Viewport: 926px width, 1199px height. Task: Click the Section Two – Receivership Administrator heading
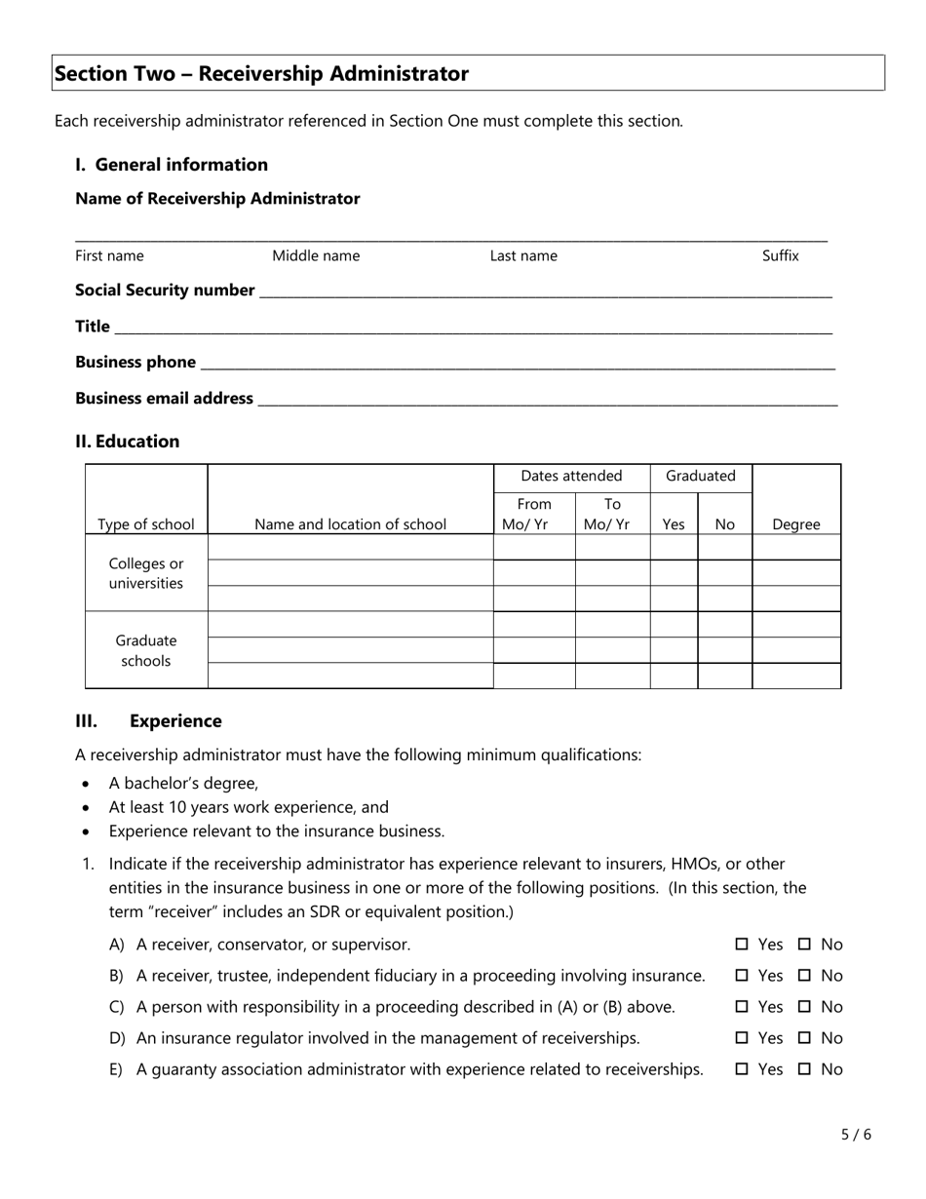261,74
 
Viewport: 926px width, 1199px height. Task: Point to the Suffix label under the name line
780,255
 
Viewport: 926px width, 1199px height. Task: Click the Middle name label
316,255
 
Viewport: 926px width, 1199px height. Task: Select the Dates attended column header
571,476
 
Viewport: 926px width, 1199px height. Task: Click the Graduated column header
701,476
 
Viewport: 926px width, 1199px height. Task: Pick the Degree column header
796,524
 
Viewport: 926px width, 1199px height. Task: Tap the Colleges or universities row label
146,574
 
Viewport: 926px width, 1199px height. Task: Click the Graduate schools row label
146,650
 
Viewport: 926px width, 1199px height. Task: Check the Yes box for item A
742,945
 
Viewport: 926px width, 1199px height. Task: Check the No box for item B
804,976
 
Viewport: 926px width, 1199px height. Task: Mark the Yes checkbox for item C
742,1007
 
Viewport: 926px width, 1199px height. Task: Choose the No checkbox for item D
804,1038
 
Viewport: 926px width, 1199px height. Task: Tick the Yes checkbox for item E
742,1069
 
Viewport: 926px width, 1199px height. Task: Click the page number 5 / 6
856,1134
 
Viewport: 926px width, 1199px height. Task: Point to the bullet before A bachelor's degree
88,784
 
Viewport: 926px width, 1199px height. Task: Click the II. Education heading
128,442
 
